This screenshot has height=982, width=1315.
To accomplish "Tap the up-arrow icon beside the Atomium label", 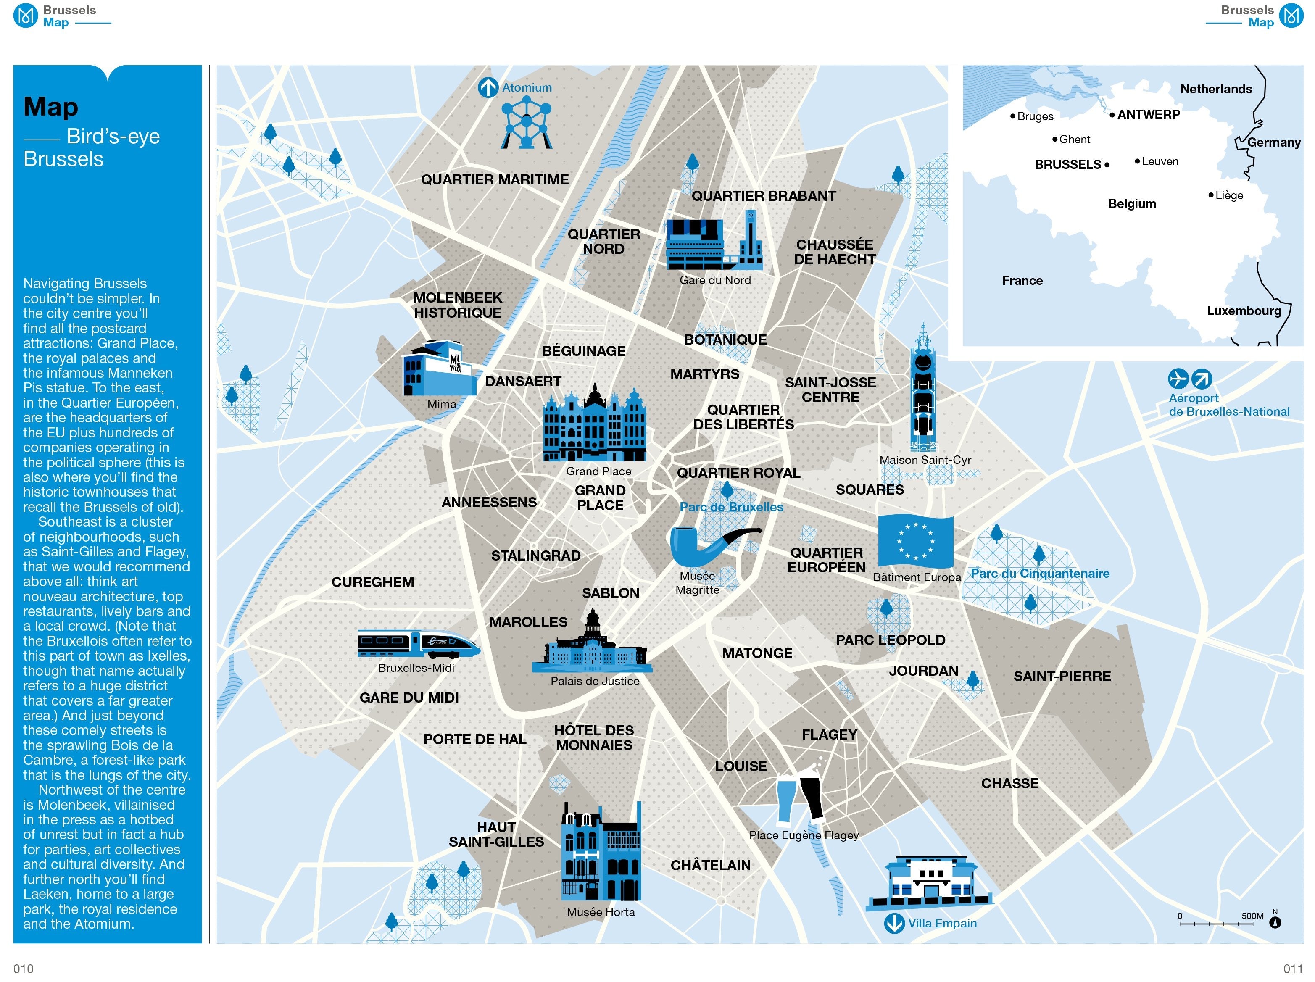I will [x=488, y=88].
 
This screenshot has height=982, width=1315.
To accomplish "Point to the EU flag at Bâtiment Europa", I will [x=915, y=541].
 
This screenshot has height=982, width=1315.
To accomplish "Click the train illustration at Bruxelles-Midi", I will [x=419, y=644].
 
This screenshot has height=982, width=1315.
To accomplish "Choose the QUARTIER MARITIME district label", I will [x=495, y=179].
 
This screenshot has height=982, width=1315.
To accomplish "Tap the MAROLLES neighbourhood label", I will [x=528, y=622].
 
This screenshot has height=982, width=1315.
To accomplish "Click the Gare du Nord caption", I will [x=715, y=281].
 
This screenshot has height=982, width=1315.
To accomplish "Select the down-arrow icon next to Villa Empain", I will [x=894, y=924].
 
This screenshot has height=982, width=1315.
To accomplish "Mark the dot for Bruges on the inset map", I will [x=1013, y=116].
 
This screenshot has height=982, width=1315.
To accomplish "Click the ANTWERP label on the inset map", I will [x=1148, y=115].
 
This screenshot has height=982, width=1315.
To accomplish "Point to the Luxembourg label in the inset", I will [x=1244, y=311].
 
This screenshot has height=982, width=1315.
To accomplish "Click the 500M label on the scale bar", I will [x=1252, y=916].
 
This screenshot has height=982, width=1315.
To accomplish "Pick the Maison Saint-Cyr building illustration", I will [x=922, y=390].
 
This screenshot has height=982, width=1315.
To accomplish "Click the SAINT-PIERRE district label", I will [x=1062, y=677].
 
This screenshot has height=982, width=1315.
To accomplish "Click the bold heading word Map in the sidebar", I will [x=51, y=107].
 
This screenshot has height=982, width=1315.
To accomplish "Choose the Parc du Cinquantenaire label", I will [x=1040, y=574].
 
